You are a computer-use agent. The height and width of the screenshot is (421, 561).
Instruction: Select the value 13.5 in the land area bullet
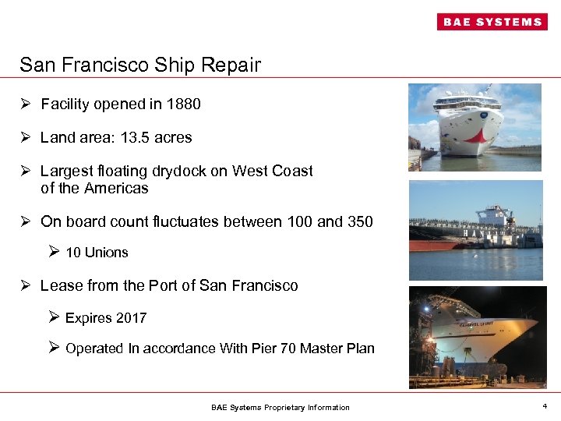click(132, 137)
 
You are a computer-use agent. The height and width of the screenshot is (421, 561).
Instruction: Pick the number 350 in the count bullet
click(360, 221)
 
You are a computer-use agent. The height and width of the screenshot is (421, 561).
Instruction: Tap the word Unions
click(108, 253)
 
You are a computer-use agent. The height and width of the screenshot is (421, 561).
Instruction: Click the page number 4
click(544, 406)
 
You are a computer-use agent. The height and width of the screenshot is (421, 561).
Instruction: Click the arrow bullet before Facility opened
click(26, 104)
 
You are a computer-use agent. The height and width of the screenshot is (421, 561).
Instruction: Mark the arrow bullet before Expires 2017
click(54, 317)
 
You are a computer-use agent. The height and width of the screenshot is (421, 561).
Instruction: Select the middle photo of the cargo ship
click(475, 230)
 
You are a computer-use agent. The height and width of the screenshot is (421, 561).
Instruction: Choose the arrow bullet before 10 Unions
click(54, 252)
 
